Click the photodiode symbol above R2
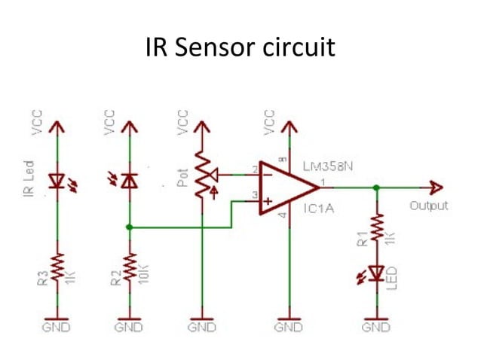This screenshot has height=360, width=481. tap(130, 180)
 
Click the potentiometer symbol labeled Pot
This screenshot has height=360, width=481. tap(202, 174)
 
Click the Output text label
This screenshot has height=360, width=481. tap(429, 206)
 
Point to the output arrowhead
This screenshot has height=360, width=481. tap(436, 188)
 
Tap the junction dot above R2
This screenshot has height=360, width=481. tap(130, 226)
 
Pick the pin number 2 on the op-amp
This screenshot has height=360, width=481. tap(255, 169)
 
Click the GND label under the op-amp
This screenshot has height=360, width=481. tap(287, 328)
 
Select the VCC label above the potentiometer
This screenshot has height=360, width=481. tap(182, 124)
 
